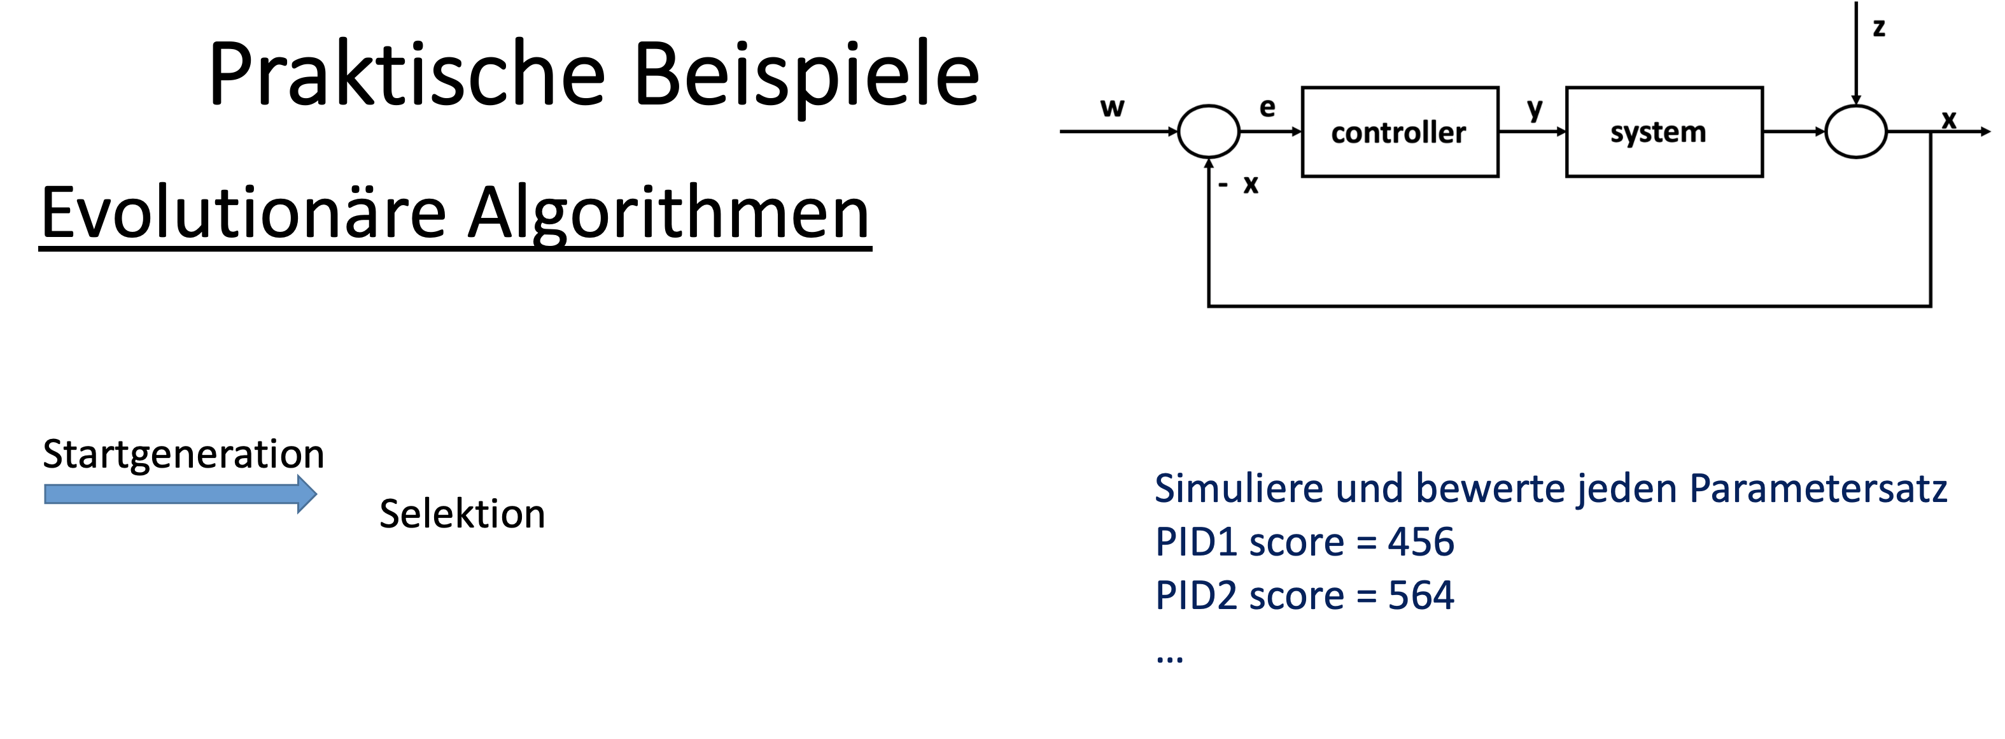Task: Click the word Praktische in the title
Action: (x=405, y=76)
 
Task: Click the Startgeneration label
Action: (x=183, y=454)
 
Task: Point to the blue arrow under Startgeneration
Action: (x=179, y=494)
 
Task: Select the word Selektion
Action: (x=462, y=514)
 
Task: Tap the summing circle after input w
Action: (x=1208, y=132)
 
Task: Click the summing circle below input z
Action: (x=1855, y=132)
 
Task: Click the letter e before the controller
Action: (x=1267, y=108)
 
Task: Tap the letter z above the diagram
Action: (x=1879, y=28)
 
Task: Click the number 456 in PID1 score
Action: (x=1421, y=542)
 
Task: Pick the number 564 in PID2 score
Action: (x=1421, y=596)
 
